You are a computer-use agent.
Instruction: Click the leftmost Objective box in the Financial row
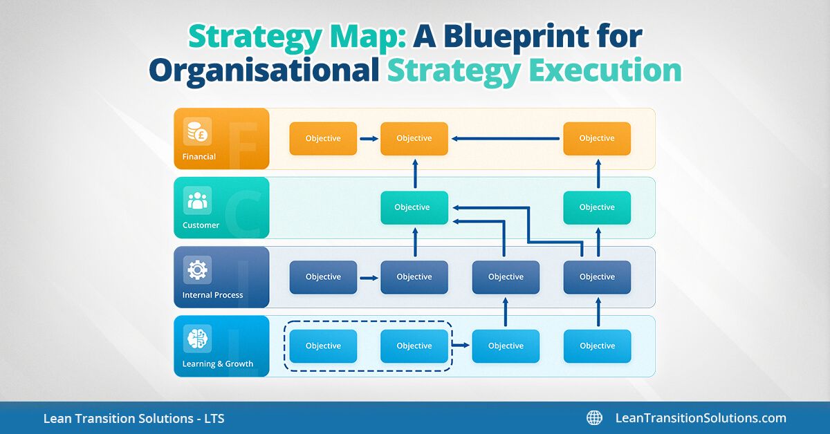[323, 138]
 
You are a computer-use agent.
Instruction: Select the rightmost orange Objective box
[597, 138]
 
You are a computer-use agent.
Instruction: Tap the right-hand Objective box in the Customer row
[597, 207]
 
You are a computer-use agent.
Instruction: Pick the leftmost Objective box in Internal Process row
[323, 277]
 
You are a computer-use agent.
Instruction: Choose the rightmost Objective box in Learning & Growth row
[597, 346]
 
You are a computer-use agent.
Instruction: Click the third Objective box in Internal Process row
[506, 277]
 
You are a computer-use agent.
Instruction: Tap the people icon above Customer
[197, 200]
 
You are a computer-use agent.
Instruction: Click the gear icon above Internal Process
[197, 270]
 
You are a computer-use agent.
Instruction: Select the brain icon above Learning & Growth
[197, 339]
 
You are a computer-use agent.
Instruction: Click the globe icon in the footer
[594, 418]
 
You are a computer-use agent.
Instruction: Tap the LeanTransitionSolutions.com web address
[700, 418]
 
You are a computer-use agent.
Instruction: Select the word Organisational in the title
[264, 70]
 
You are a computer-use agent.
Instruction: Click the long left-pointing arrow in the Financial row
[505, 139]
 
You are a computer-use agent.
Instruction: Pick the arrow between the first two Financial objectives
[369, 139]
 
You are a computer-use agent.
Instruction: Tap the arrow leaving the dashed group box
[460, 343]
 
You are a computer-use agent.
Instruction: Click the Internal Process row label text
[212, 295]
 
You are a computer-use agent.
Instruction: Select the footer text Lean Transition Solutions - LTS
[133, 418]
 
